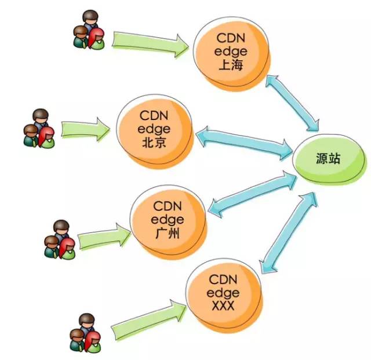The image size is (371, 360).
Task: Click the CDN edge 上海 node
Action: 231,51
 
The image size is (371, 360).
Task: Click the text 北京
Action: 154,142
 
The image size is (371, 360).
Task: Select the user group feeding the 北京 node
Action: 39,129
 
